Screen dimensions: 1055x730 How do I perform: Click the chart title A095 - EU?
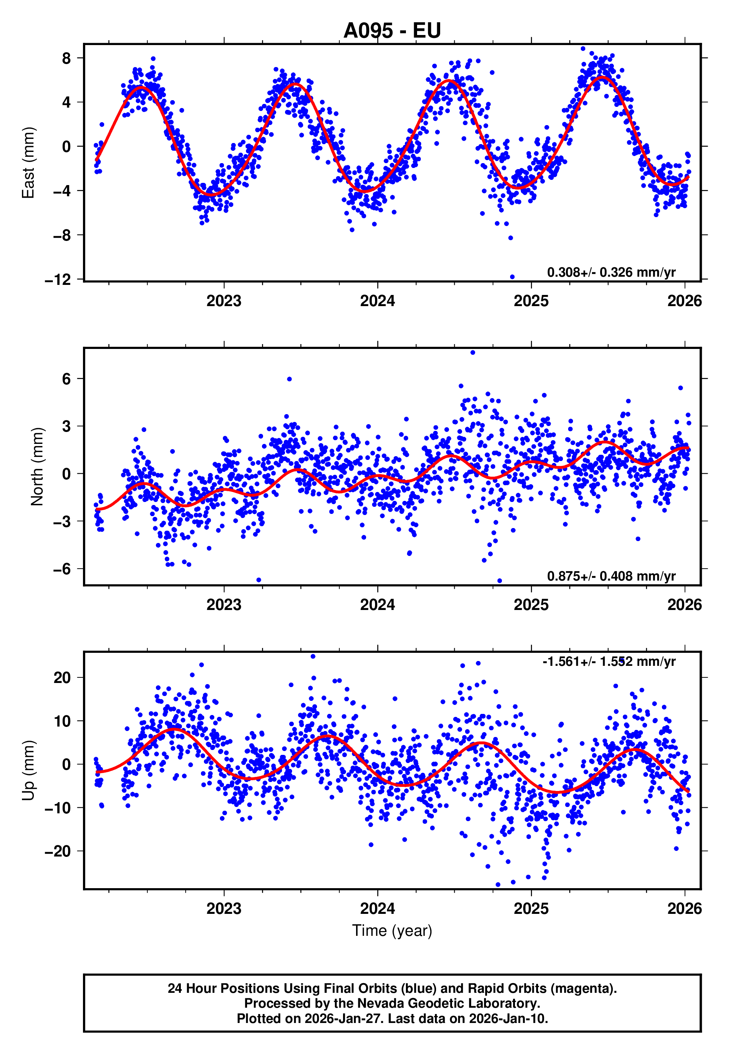click(x=392, y=31)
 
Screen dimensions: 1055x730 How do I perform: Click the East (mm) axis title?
click(x=28, y=163)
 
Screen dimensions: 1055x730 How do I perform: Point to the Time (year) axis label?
click(x=392, y=931)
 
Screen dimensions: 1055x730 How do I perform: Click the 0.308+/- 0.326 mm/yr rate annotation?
click(x=611, y=272)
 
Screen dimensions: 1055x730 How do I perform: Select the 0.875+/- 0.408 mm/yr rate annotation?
click(x=611, y=576)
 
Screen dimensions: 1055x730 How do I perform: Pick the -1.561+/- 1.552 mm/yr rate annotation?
click(x=609, y=661)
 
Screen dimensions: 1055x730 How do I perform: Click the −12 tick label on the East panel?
click(x=58, y=280)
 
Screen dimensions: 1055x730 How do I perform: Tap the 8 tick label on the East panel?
click(x=67, y=58)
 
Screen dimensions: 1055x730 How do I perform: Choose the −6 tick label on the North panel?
click(x=62, y=569)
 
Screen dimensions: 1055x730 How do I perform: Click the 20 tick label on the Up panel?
click(x=62, y=677)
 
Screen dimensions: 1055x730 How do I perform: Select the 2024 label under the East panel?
click(x=377, y=301)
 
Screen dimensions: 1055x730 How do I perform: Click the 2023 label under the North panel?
click(x=224, y=605)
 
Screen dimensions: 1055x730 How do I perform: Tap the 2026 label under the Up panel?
click(x=684, y=909)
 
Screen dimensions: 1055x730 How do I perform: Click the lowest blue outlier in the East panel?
click(x=512, y=277)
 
